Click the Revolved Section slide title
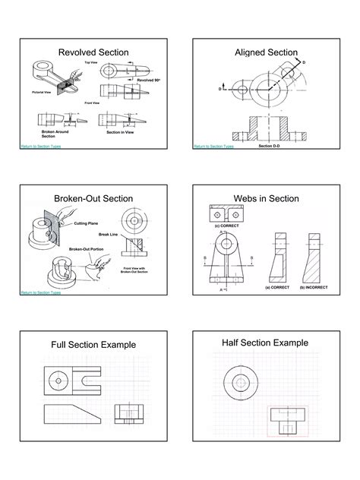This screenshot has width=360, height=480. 93,52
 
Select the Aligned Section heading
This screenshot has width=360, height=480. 266,52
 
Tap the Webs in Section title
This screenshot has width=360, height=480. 266,198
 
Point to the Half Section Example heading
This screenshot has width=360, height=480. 265,343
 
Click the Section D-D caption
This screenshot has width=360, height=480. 270,145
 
